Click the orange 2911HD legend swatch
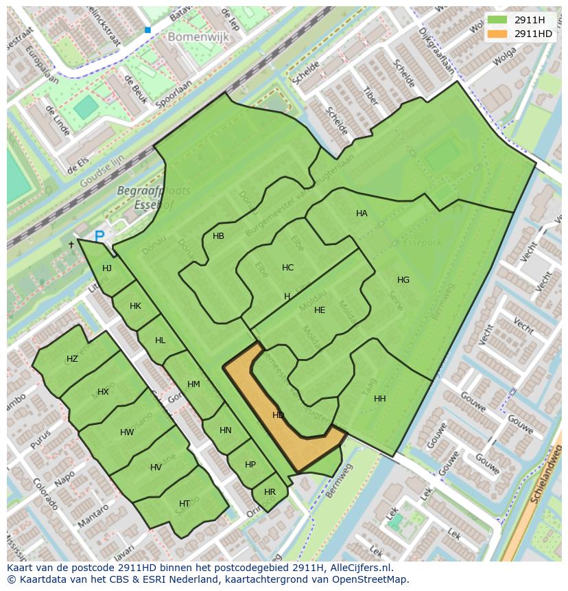[x=498, y=34]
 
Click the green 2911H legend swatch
[x=498, y=20]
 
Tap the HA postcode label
[x=362, y=213]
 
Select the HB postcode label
[x=218, y=236]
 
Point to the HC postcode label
[x=287, y=268]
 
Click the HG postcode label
[x=403, y=280]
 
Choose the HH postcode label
[x=379, y=399]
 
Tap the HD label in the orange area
[x=278, y=415]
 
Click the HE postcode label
[x=320, y=310]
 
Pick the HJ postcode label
[x=106, y=268]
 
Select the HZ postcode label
[x=72, y=359]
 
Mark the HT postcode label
[x=184, y=504]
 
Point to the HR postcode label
[x=270, y=492]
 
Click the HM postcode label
[x=193, y=384]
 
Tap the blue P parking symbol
[x=99, y=236]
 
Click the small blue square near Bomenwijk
[x=147, y=30]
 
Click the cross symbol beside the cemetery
[x=71, y=244]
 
